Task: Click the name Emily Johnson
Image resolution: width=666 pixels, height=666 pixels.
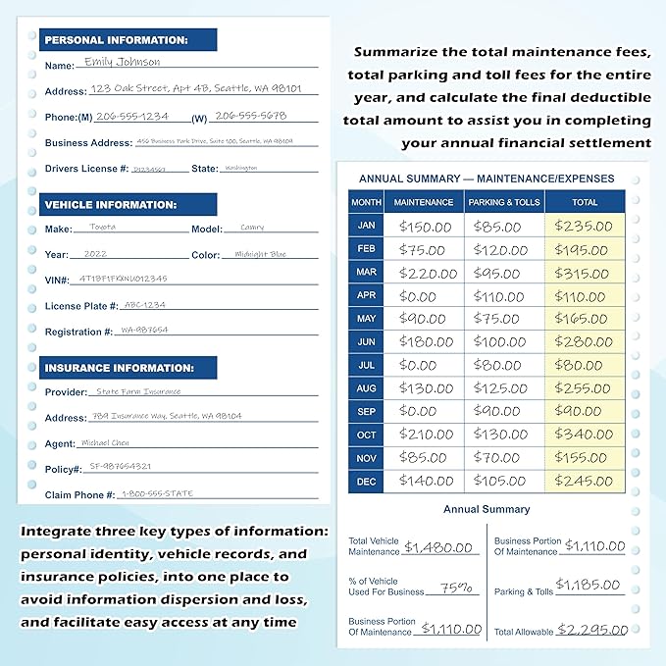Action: click(x=122, y=62)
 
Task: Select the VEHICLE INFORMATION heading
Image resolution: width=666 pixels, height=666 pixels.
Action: click(x=110, y=205)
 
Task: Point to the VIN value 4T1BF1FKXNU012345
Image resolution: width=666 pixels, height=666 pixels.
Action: click(x=123, y=279)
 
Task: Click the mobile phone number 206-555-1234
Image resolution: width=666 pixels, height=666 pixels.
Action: click(x=134, y=116)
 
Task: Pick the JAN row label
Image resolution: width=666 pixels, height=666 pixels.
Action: click(x=365, y=227)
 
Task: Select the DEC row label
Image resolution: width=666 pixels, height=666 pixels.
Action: click(x=365, y=481)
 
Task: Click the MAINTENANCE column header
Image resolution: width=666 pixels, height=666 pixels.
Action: click(x=424, y=202)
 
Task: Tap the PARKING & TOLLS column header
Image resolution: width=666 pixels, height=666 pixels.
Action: click(x=503, y=202)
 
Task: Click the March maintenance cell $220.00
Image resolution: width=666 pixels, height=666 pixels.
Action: click(x=425, y=273)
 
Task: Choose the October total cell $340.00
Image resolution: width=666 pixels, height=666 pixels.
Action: click(x=585, y=435)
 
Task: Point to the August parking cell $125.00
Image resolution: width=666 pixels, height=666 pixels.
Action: click(x=503, y=388)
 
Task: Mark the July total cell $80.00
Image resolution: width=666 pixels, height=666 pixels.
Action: click(x=585, y=365)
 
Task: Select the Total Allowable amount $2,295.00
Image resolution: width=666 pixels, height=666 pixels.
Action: click(x=591, y=630)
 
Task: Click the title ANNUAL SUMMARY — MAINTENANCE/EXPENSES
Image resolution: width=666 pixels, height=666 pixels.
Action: click(x=487, y=179)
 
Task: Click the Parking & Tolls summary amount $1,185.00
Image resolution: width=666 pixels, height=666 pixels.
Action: click(x=589, y=587)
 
